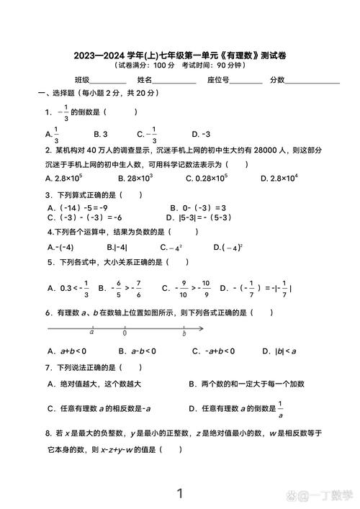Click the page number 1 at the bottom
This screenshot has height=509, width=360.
[x=180, y=493]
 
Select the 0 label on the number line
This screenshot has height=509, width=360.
[x=125, y=333]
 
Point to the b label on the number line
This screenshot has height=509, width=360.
[x=184, y=333]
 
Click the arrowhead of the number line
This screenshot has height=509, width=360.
[x=201, y=329]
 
